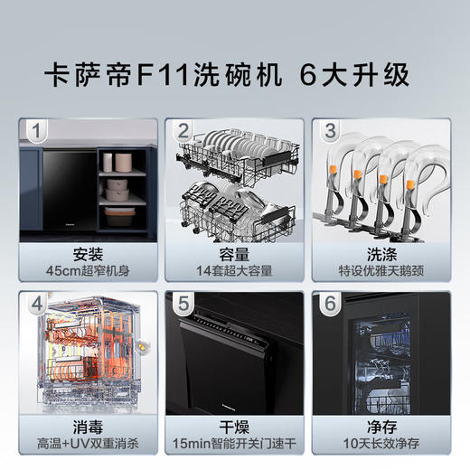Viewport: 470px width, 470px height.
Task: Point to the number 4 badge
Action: point(35,304)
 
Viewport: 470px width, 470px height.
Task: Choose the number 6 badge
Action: point(330,304)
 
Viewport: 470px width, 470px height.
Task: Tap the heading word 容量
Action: point(235,253)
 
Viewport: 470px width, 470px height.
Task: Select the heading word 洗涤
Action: point(381,253)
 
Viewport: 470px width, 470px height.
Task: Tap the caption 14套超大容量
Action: point(235,270)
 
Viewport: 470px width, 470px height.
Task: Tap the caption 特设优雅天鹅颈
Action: point(381,270)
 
